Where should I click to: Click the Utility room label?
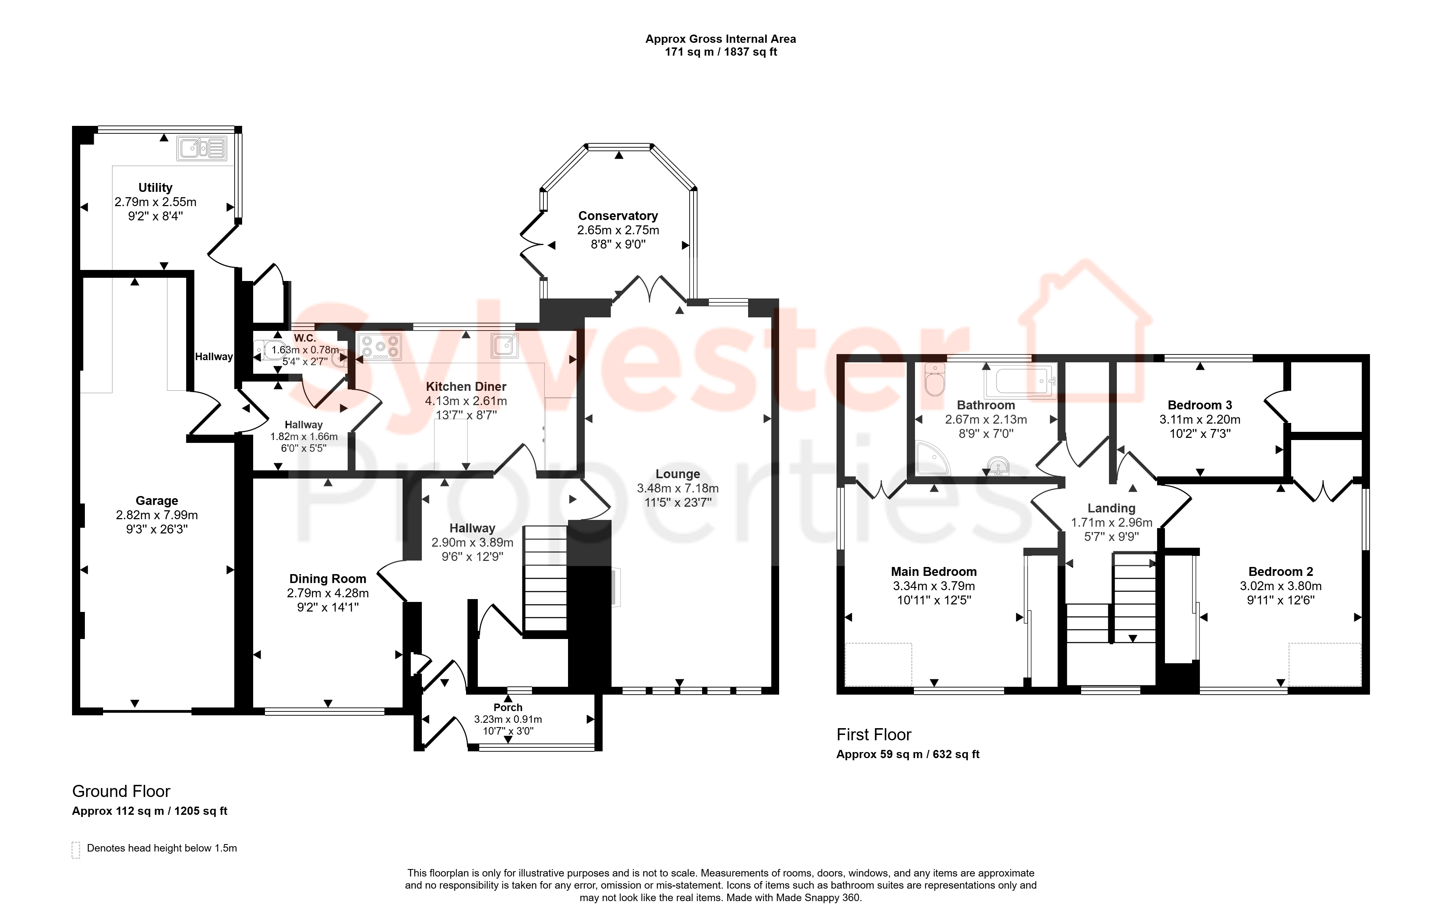pyautogui.click(x=155, y=188)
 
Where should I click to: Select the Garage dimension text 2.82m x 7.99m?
pyautogui.click(x=157, y=515)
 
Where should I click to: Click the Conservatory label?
pyautogui.click(x=618, y=216)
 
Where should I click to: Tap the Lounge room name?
pyautogui.click(x=678, y=474)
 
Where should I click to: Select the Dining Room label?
pyautogui.click(x=328, y=579)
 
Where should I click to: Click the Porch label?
pyautogui.click(x=508, y=707)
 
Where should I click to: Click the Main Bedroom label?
pyautogui.click(x=934, y=571)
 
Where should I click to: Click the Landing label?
pyautogui.click(x=1111, y=508)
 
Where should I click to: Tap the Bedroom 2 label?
pyautogui.click(x=1281, y=571)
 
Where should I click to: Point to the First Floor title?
pyautogui.click(x=874, y=734)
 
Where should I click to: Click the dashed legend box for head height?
pyautogui.click(x=76, y=850)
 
